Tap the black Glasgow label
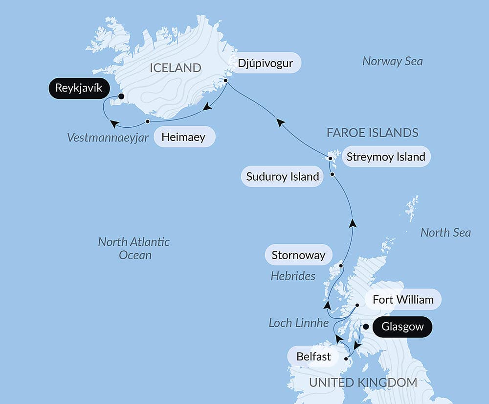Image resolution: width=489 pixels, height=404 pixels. pyautogui.click(x=402, y=327)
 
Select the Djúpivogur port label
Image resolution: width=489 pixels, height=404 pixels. pyautogui.click(x=266, y=63)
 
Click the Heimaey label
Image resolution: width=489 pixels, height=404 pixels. pyautogui.click(x=184, y=137)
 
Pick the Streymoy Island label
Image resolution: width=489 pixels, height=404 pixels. pyautogui.click(x=385, y=157)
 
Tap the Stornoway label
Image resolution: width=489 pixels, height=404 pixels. pyautogui.click(x=298, y=255)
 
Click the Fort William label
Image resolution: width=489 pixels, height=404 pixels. pyautogui.click(x=403, y=299)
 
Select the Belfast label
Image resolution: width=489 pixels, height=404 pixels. pyautogui.click(x=313, y=356)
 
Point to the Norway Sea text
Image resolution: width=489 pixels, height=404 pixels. pyautogui.click(x=392, y=61)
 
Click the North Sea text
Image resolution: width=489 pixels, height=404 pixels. pyautogui.click(x=445, y=233)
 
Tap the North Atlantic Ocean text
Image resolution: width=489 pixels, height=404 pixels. pyautogui.click(x=133, y=248)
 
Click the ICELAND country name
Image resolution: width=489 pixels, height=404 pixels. pyautogui.click(x=175, y=68)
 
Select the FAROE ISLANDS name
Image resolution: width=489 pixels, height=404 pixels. pyautogui.click(x=373, y=133)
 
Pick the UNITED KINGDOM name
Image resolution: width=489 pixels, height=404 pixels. pyautogui.click(x=362, y=382)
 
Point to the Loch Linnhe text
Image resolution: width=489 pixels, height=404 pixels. pyautogui.click(x=298, y=323)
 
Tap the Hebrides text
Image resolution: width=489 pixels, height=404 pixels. pyautogui.click(x=293, y=276)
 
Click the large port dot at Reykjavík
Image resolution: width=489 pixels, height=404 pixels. pyautogui.click(x=121, y=96)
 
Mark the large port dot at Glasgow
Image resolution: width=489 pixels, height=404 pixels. pyautogui.click(x=365, y=327)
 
